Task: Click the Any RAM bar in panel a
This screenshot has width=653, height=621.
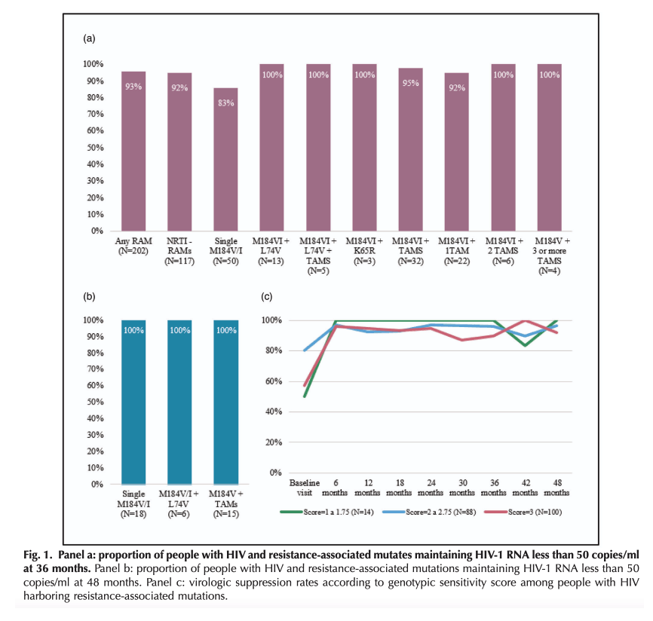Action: tap(133, 151)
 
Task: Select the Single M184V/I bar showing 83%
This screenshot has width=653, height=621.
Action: tap(226, 160)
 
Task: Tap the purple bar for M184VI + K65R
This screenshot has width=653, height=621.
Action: tap(365, 148)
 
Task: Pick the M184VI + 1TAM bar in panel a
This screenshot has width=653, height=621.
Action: tap(457, 152)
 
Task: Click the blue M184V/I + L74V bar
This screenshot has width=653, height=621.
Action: tap(180, 402)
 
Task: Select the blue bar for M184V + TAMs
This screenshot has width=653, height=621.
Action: tap(226, 402)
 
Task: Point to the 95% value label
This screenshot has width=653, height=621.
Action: tap(411, 83)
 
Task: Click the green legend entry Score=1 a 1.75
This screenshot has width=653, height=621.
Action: tap(327, 512)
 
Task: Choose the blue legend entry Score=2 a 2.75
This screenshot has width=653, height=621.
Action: tap(430, 512)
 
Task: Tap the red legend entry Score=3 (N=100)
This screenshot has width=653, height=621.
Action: tap(523, 512)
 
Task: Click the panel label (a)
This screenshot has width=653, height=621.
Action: tap(89, 38)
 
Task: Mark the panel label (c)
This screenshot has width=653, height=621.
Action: tap(266, 297)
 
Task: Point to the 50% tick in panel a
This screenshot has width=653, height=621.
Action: tap(95, 148)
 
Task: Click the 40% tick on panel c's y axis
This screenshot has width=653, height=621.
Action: tap(274, 411)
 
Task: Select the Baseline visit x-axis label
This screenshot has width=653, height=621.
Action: tap(305, 488)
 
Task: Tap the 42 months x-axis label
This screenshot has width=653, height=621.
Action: tap(526, 488)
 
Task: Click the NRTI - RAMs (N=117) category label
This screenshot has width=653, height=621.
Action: tap(179, 251)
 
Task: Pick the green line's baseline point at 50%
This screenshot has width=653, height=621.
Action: tap(305, 396)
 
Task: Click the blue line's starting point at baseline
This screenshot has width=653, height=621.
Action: tap(305, 350)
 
